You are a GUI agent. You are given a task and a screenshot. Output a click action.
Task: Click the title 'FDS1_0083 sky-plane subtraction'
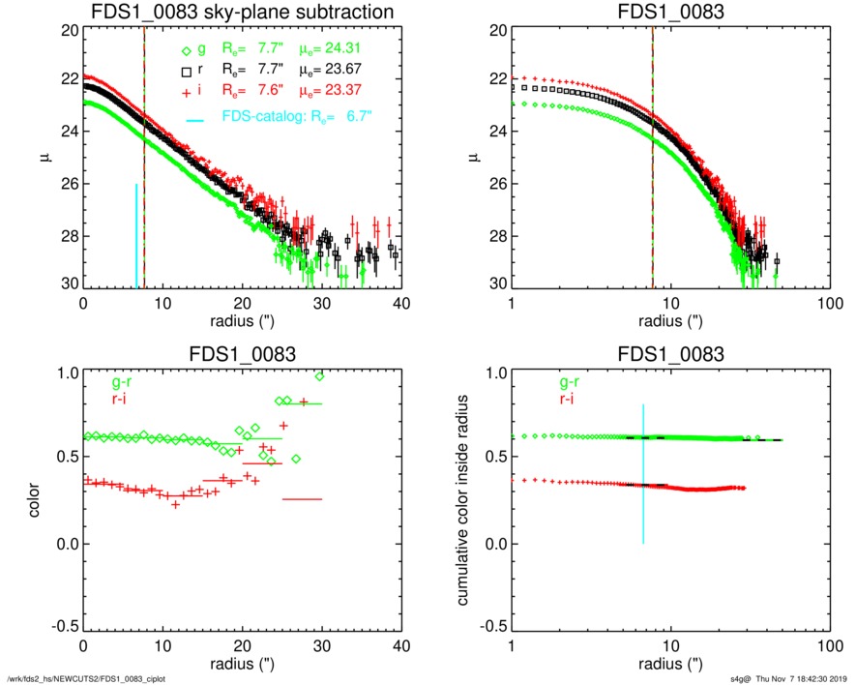point(241,13)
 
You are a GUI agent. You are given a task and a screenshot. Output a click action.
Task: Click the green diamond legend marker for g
point(186,49)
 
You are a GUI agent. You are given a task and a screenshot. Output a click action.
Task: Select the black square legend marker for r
point(186,72)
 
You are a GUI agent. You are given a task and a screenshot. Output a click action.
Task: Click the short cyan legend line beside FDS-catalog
point(195,119)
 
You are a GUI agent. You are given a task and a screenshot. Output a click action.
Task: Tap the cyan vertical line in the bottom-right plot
point(643,474)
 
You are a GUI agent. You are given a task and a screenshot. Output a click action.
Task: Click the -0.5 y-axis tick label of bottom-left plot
point(64,627)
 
